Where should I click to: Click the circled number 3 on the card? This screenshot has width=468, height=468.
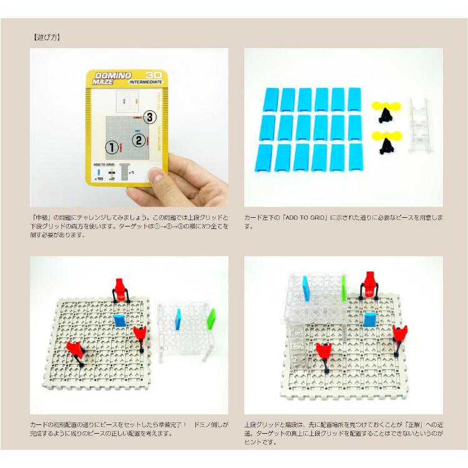tap(149, 116)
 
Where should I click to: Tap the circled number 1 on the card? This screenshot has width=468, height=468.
tap(112, 147)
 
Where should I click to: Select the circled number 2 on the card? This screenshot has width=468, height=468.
tap(140, 140)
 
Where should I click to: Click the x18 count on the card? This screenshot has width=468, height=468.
tap(99, 178)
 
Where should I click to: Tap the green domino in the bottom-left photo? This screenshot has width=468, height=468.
tap(210, 318)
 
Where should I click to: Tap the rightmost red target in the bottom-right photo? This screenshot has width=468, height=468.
tap(400, 336)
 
